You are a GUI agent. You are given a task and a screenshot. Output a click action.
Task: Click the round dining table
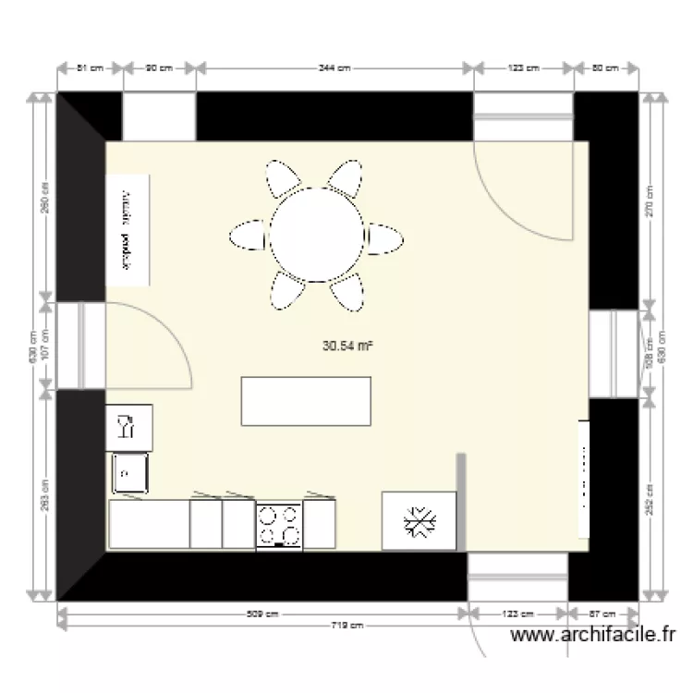coord(317,234)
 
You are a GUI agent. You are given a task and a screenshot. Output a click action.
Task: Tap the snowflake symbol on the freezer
coord(419,522)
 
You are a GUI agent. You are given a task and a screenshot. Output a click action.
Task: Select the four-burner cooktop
coord(278,525)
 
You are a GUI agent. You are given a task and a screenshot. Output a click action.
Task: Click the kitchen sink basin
coord(130,473)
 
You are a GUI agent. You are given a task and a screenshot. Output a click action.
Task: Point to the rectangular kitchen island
coord(306,401)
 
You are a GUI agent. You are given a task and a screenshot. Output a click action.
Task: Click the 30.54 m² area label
coord(347,347)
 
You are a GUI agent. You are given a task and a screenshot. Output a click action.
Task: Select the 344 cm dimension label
coord(334,68)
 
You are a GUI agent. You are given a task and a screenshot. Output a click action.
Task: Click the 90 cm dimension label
coord(159,68)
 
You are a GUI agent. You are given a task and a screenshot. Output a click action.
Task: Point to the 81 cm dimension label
coord(90,68)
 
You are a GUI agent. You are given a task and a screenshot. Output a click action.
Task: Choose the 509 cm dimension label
coord(264,614)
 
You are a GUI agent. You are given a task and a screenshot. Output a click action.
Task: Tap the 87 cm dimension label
coord(602,614)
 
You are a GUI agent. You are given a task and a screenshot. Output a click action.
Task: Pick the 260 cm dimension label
coord(45,196)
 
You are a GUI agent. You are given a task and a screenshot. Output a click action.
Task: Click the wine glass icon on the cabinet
coord(125,428)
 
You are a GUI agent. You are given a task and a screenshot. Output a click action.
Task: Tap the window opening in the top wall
coord(159,115)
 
